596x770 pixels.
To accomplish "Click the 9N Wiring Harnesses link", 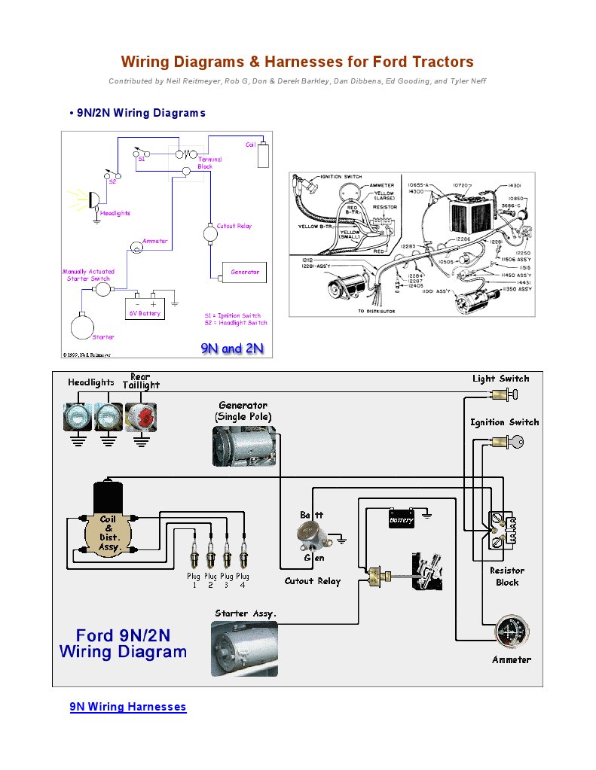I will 128,707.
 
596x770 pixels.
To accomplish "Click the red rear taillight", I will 141,416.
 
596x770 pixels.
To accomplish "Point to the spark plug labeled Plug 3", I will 227,558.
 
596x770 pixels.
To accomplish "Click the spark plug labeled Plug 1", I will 194,558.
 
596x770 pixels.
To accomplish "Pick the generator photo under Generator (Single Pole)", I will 243,445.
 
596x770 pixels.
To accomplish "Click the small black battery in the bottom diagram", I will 401,519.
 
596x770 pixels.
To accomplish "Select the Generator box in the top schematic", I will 244,272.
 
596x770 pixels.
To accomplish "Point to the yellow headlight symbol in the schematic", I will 93,199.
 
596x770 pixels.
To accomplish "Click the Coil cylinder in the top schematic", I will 263,156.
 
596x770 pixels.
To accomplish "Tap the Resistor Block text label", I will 506,577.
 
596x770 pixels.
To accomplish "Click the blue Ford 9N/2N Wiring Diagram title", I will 123,644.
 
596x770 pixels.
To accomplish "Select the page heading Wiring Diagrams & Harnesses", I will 298,62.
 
